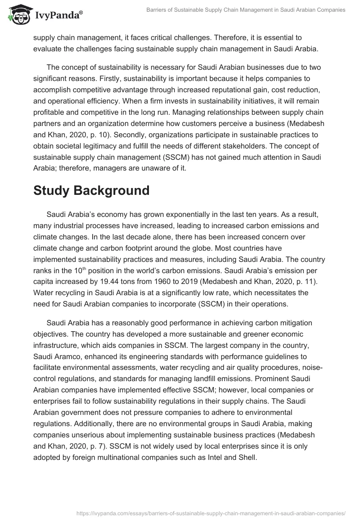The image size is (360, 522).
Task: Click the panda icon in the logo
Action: click(x=17, y=14)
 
